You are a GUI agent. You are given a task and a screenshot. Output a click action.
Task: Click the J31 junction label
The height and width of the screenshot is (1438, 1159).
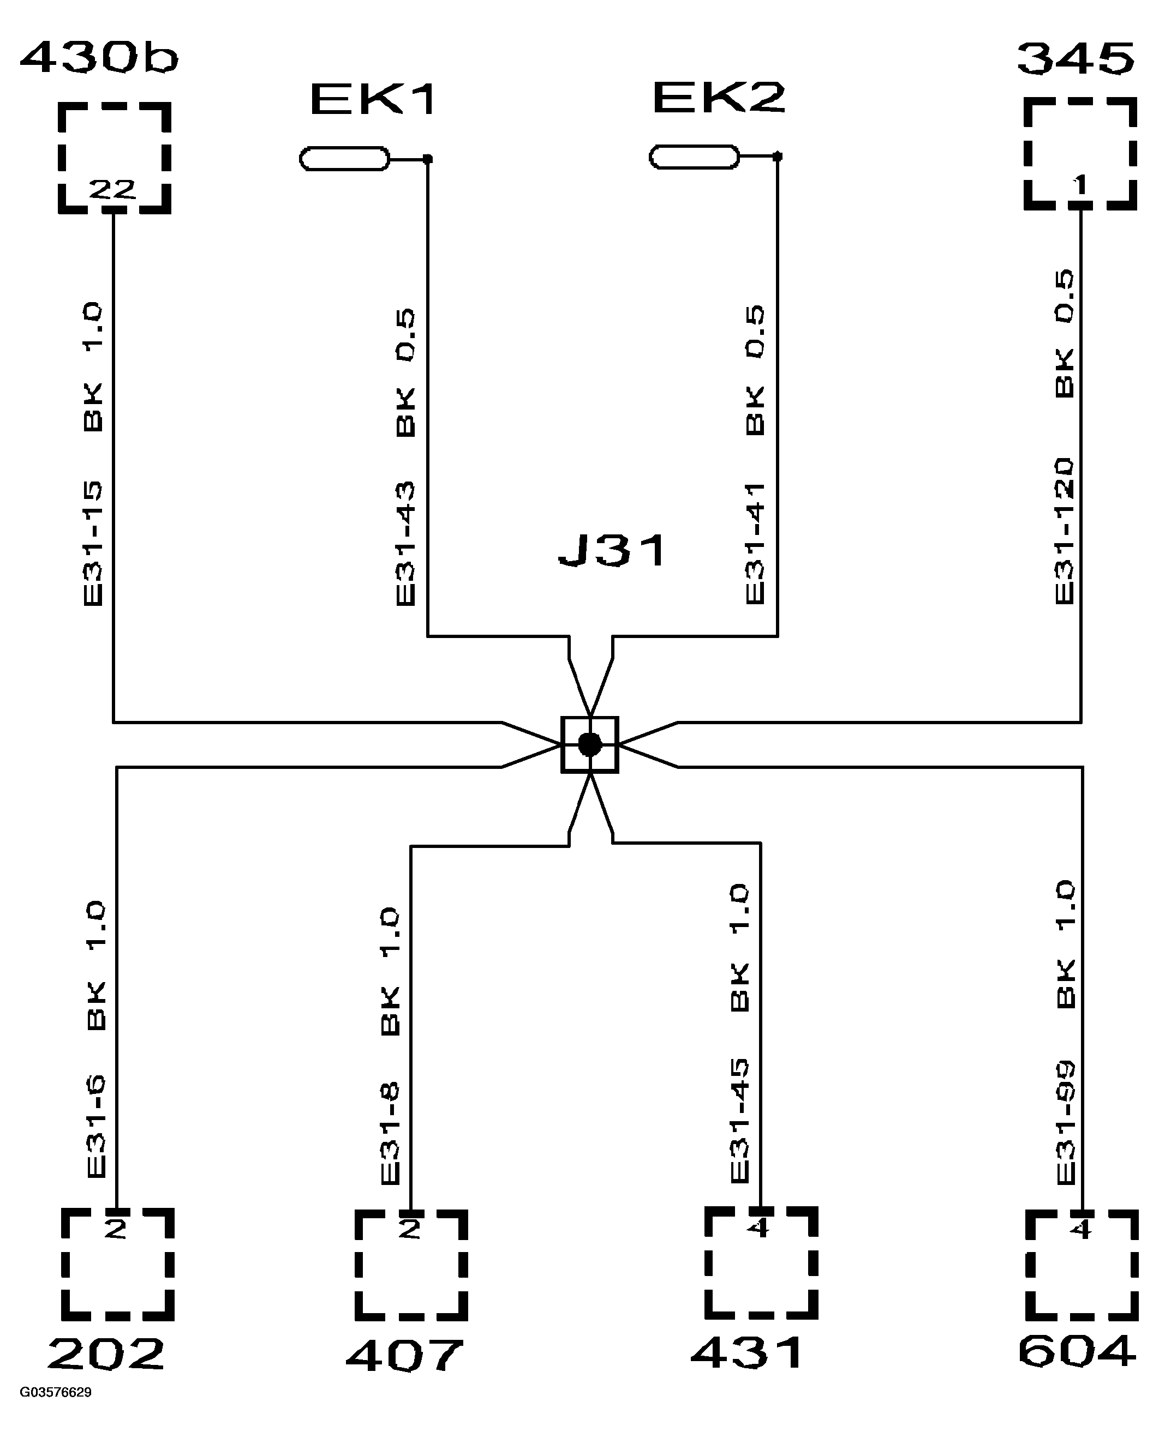tap(612, 551)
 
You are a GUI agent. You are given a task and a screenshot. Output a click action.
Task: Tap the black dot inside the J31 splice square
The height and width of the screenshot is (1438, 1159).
tap(589, 744)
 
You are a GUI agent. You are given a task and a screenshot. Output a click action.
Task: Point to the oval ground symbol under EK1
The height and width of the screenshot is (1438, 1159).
tap(344, 159)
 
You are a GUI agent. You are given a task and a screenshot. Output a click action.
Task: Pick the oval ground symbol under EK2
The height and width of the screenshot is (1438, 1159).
tap(694, 157)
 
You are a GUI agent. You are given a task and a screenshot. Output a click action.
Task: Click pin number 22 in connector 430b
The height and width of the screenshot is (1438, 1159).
tap(112, 190)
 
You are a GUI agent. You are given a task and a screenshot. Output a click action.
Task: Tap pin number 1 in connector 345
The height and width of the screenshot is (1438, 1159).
tap(1080, 184)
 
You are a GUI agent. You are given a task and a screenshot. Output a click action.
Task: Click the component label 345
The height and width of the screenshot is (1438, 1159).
tap(1076, 59)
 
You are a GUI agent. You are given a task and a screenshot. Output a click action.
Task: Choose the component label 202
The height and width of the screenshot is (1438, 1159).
tap(105, 1354)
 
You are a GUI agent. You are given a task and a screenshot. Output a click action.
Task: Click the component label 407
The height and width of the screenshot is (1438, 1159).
tap(404, 1355)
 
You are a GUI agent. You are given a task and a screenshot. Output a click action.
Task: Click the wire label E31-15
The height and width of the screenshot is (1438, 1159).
tap(93, 544)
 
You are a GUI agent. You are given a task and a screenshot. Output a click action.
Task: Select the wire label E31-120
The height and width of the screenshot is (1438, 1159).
tap(1064, 531)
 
